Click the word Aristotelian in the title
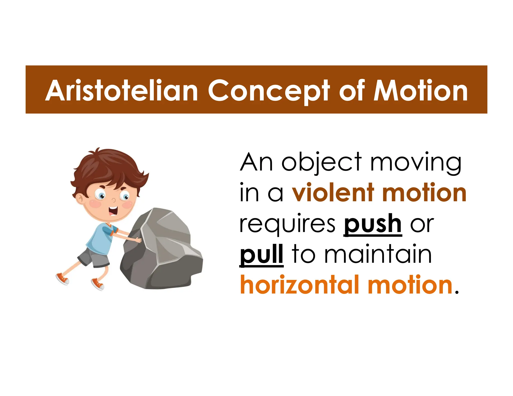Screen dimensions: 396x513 [121, 91]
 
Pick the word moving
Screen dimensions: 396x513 [416, 163]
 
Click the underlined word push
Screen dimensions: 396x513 [372, 224]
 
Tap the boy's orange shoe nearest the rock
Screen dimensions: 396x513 [98, 284]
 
